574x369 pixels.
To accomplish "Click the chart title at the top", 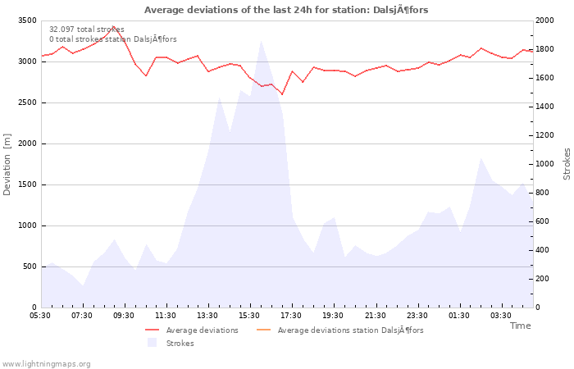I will (x=286, y=10).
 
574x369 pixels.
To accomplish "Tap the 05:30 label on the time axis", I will (x=40, y=315).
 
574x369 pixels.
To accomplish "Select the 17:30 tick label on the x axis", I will (x=291, y=315).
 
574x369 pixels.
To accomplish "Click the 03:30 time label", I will (x=500, y=315).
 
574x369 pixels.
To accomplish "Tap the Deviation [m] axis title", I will (x=7, y=164).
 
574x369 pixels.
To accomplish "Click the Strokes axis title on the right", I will (x=567, y=164).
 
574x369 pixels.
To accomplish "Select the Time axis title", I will (x=520, y=326).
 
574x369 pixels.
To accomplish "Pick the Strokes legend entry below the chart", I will (x=180, y=344).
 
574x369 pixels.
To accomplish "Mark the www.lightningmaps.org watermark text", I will (x=47, y=364).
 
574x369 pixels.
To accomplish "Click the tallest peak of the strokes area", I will (x=261, y=41).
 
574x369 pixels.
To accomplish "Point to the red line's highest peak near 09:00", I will (x=113, y=26).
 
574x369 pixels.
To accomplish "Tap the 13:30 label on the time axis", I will (x=207, y=315).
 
